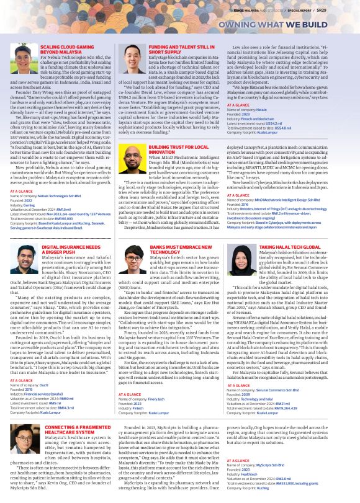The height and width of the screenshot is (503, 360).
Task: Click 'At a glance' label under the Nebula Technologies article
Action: tap(21, 192)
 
